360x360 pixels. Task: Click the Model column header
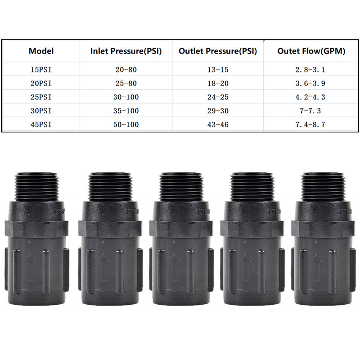coord(41,51)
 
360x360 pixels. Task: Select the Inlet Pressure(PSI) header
coord(126,51)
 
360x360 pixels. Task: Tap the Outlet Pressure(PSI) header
coord(218,51)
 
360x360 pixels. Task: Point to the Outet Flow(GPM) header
coord(311,51)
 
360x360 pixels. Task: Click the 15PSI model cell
coord(41,70)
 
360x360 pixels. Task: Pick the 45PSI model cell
coord(41,125)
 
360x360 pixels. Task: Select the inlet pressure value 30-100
coord(126,97)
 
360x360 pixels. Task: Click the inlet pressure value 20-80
coord(126,70)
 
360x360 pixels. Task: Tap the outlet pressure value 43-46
coord(218,125)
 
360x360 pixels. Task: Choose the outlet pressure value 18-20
coord(218,83)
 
